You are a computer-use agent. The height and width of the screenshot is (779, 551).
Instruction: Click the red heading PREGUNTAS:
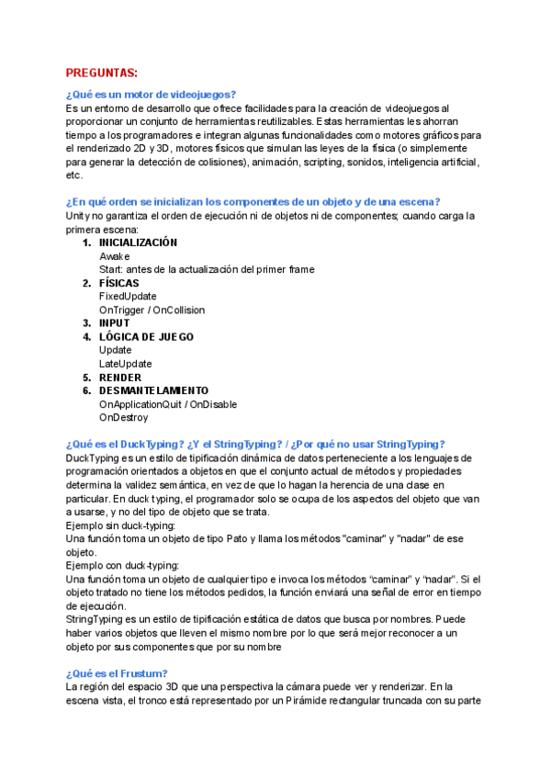pyautogui.click(x=102, y=73)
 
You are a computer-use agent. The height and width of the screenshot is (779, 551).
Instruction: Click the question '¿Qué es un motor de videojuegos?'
pyautogui.click(x=152, y=95)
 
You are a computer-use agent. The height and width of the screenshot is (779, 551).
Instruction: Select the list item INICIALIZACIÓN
pyautogui.click(x=139, y=243)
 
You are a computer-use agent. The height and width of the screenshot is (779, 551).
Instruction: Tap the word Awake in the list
pyautogui.click(x=115, y=256)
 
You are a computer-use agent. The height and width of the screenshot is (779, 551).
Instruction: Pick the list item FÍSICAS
pyautogui.click(x=119, y=283)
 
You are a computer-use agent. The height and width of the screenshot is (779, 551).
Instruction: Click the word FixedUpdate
pyautogui.click(x=128, y=297)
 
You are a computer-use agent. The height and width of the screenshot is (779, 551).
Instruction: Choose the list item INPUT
pyautogui.click(x=115, y=323)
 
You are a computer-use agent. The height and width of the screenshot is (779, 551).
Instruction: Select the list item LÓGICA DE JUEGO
pyautogui.click(x=147, y=337)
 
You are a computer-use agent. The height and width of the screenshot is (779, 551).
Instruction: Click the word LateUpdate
pyautogui.click(x=126, y=364)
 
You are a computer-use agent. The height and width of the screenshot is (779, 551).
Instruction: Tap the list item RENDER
pyautogui.click(x=120, y=378)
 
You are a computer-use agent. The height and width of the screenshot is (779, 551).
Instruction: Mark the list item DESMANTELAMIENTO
pyautogui.click(x=154, y=390)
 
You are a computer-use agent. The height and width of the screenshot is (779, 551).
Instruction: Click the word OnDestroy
pyautogui.click(x=124, y=417)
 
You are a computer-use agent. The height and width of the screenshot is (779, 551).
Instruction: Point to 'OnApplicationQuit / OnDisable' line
pyautogui.click(x=168, y=404)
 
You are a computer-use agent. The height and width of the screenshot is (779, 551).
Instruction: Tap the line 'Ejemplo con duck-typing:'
pyautogui.click(x=124, y=565)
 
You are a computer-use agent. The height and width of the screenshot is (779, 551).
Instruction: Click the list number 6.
pyautogui.click(x=87, y=390)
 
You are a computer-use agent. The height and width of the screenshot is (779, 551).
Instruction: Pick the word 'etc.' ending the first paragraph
pyautogui.click(x=75, y=175)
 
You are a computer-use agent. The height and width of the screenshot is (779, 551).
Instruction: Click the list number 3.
pyautogui.click(x=87, y=323)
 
